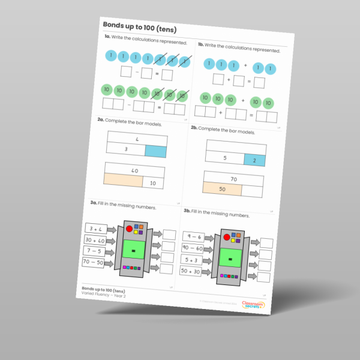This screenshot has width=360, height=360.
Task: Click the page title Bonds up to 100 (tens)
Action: pyautogui.click(x=139, y=28)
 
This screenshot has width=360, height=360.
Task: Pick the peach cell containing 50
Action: pyautogui.click(x=222, y=189)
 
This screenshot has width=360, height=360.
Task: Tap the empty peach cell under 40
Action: pyautogui.click(x=122, y=179)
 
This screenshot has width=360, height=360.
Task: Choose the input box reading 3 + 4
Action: pyautogui.click(x=94, y=229)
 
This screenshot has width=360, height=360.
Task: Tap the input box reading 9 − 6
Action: pyautogui.click(x=195, y=236)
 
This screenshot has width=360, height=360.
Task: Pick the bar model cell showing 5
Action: pyautogui.click(x=224, y=158)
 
